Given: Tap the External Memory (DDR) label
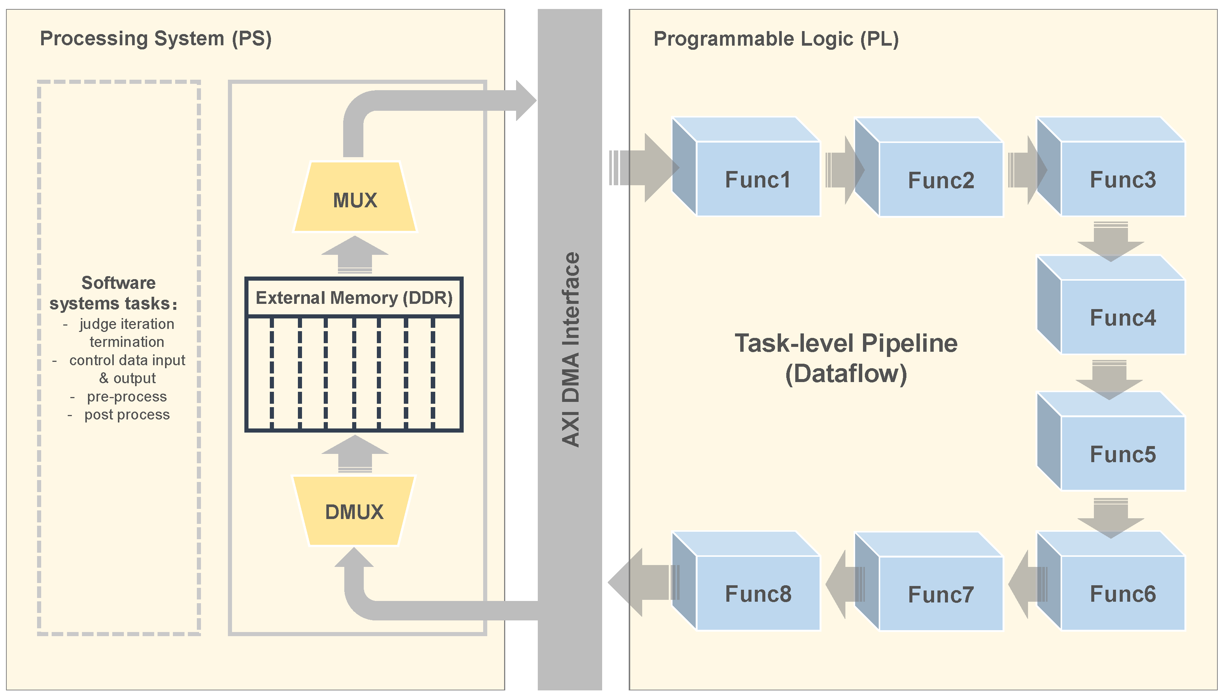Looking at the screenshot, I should [x=354, y=297].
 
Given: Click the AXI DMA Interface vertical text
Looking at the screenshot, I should [x=570, y=349].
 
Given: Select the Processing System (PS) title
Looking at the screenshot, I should [x=156, y=39].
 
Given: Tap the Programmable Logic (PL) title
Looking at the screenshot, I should [x=776, y=39].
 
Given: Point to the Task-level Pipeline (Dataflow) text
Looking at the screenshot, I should [x=846, y=358].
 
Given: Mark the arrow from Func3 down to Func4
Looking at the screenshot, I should [x=1110, y=241].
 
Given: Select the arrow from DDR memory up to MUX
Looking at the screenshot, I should [x=355, y=254].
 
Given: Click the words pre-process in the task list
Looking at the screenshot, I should [x=127, y=397].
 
